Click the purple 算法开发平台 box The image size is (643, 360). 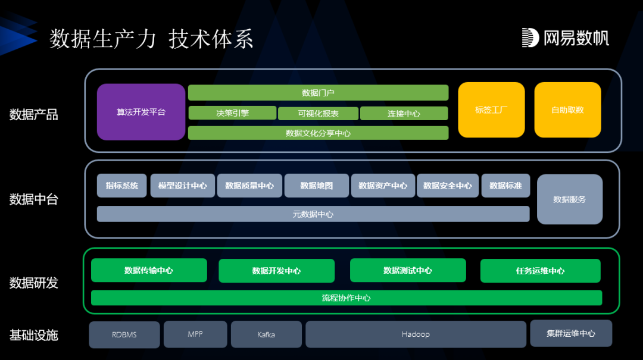[x=141, y=112]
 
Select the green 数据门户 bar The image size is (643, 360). [x=318, y=93]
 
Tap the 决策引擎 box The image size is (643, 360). [x=232, y=113]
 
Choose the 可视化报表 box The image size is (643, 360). [x=317, y=114]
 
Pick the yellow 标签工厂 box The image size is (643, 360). [x=491, y=110]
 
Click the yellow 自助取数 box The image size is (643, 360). [x=567, y=110]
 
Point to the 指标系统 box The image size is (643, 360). [x=121, y=186]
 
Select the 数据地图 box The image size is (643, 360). [x=316, y=186]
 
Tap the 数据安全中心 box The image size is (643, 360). [x=447, y=186]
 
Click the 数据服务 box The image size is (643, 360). [x=569, y=199]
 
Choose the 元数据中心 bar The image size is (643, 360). [x=313, y=214]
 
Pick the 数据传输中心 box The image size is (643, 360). [x=149, y=270]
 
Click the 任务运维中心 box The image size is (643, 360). [x=540, y=271]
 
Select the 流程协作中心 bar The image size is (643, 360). [x=346, y=298]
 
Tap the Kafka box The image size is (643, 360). [x=266, y=334]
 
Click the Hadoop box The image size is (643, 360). [x=416, y=334]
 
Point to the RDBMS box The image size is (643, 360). [x=124, y=334]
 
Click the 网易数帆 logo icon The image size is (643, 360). [x=530, y=37]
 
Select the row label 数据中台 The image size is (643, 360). [x=34, y=199]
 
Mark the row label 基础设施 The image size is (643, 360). [x=34, y=335]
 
